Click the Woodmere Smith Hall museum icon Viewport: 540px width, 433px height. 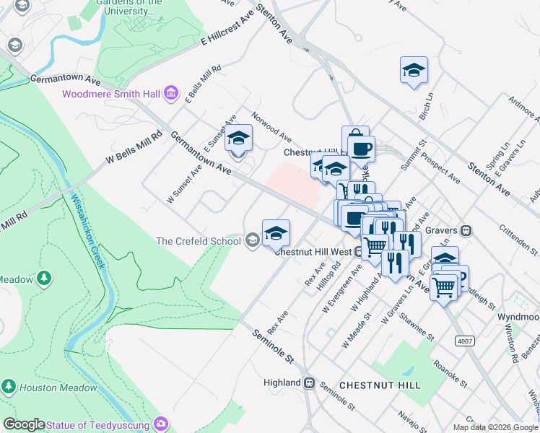[x=171, y=93]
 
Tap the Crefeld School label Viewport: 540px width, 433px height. [x=199, y=241]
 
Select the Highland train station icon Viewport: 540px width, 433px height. [x=309, y=382]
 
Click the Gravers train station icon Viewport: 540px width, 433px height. [x=466, y=231]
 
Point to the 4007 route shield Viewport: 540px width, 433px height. [x=463, y=340]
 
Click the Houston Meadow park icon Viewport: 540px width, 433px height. [x=9, y=388]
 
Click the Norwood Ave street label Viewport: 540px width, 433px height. [x=271, y=126]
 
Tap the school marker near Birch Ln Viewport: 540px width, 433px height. [x=414, y=71]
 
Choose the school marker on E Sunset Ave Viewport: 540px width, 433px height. [x=238, y=137]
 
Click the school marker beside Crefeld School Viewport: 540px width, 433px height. [x=276, y=234]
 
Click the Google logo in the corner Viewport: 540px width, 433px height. [x=24, y=424]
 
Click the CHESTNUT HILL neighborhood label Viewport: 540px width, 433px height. [x=379, y=385]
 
